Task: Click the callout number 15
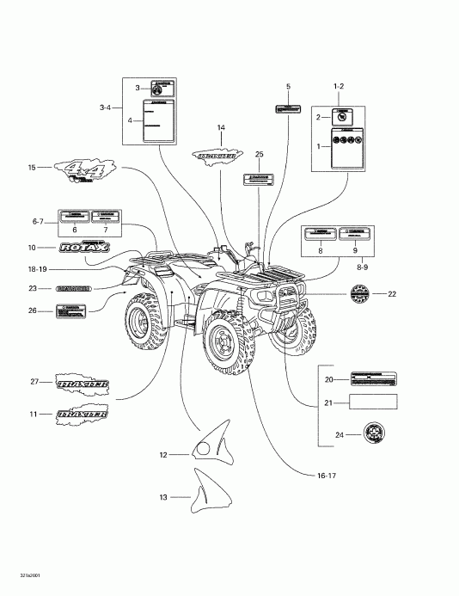[x=32, y=168]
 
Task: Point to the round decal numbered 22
[x=360, y=294]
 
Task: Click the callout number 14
[x=221, y=128]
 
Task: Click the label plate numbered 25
[x=257, y=180]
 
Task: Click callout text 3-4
[x=106, y=108]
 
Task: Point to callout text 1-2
[x=339, y=87]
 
